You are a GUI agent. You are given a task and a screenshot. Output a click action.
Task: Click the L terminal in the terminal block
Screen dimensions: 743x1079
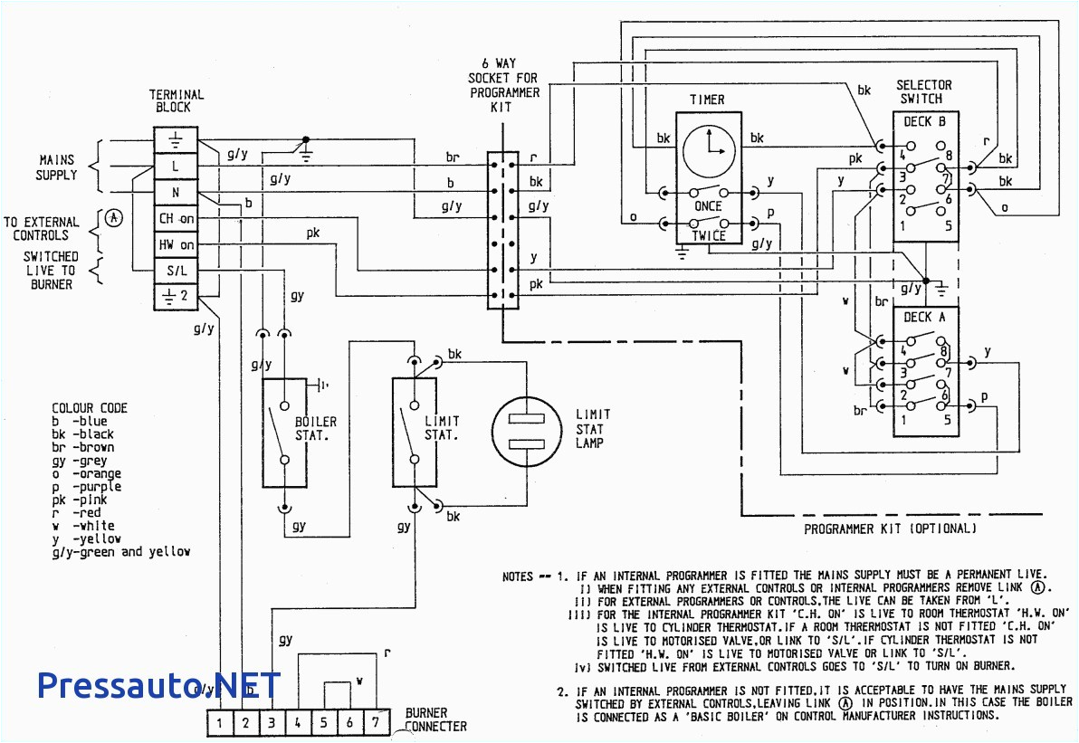click(176, 167)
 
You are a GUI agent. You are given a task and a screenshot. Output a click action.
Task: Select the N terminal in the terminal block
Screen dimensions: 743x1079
click(176, 193)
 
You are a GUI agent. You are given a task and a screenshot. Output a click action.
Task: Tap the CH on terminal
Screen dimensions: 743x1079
click(176, 218)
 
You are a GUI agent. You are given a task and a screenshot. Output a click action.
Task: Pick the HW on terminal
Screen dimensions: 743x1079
click(176, 244)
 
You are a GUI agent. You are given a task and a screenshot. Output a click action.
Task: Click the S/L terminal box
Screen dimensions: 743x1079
click(176, 271)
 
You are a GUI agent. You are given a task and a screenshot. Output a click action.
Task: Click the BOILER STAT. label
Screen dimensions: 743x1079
click(316, 428)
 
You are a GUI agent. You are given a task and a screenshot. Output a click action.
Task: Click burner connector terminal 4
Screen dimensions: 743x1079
click(298, 723)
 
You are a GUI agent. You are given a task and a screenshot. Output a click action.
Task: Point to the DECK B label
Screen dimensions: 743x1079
click(924, 121)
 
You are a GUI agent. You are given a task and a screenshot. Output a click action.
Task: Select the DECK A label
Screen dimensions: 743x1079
click(924, 317)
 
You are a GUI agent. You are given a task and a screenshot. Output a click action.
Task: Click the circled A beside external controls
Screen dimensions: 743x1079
click(113, 218)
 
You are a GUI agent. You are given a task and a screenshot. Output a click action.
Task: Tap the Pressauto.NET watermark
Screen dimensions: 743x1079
click(158, 685)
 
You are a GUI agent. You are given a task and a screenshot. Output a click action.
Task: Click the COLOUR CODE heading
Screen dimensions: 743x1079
click(90, 408)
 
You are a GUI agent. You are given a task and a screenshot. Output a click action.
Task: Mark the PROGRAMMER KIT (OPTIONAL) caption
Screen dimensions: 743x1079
click(891, 529)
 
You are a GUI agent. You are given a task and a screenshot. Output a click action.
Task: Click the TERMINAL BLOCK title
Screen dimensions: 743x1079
click(177, 100)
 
